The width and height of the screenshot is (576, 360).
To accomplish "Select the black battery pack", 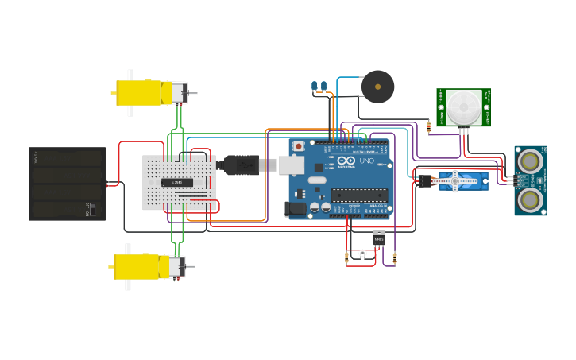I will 67,184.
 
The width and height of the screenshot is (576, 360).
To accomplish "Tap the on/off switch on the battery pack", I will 92,211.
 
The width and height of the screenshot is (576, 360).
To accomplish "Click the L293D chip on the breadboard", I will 177,182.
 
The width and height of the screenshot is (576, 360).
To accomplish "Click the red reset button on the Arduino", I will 299,146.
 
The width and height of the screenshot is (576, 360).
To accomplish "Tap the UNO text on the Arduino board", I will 366,161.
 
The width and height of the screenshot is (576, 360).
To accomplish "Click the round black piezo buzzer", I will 377,87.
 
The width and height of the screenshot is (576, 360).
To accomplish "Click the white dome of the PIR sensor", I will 462,106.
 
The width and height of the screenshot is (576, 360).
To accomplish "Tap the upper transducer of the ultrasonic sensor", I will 530,162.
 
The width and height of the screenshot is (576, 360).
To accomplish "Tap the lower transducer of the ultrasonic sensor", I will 530,199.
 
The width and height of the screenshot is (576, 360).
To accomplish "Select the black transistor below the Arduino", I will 379,238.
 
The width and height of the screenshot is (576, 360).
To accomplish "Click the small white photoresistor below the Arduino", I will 362,254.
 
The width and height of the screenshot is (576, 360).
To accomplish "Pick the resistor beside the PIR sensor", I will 429,126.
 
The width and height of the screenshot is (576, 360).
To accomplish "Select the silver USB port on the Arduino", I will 290,165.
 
